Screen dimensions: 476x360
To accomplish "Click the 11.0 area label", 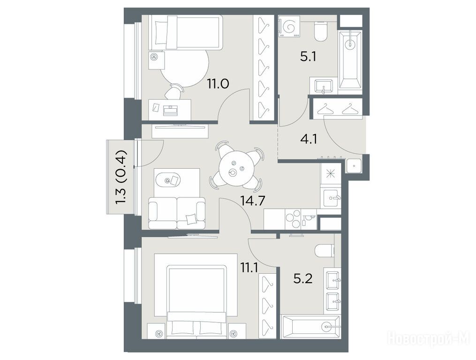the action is (218, 83).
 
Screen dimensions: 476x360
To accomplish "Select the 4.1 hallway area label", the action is (309, 139).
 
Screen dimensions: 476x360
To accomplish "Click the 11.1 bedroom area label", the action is (249, 268).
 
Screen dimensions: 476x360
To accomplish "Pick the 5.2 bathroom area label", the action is (302, 278).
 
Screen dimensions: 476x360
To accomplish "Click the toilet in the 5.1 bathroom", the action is (320, 32).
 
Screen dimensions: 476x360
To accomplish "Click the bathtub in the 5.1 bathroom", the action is (350, 60).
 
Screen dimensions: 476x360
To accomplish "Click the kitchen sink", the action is (332, 198).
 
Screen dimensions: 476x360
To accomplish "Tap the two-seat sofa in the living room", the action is (177, 213).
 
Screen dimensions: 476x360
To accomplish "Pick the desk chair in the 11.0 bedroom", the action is (174, 91).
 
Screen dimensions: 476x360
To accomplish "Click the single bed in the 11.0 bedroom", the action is (186, 33).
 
